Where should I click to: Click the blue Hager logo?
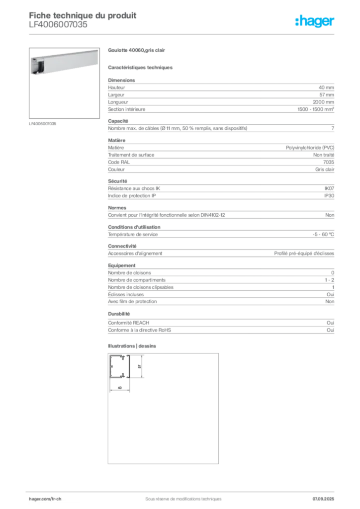pos(315,22)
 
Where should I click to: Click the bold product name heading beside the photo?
pos(136,50)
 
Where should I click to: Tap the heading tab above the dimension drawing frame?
pos(133,345)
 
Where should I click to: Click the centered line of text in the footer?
pos(180,496)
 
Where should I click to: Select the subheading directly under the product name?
pos(141,67)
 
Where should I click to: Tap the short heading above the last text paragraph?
pos(120,314)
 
